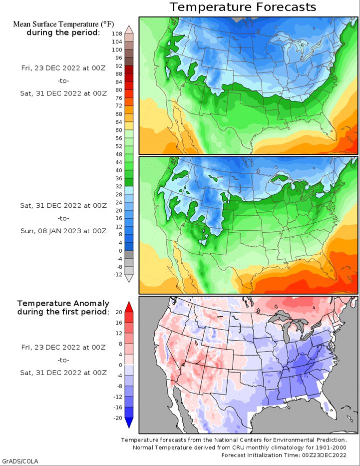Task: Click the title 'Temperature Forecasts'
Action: point(243,7)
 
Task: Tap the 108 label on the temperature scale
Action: point(117,33)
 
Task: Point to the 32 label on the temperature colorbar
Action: point(119,186)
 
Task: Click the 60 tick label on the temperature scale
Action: point(119,130)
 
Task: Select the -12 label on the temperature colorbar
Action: point(118,275)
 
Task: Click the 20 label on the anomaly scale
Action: point(119,312)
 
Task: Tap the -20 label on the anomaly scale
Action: point(118,418)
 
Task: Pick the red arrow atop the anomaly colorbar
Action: point(129,307)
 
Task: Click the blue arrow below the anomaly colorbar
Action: point(129,423)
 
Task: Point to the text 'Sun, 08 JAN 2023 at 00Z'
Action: point(63,231)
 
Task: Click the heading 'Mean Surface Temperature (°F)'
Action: point(63,24)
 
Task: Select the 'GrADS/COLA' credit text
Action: point(20,461)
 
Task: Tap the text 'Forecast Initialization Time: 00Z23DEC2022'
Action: point(284,455)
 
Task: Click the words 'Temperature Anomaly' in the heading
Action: point(63,304)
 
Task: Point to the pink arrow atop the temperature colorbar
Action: point(129,29)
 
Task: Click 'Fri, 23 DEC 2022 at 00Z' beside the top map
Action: point(63,68)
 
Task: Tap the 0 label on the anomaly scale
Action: point(120,365)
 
